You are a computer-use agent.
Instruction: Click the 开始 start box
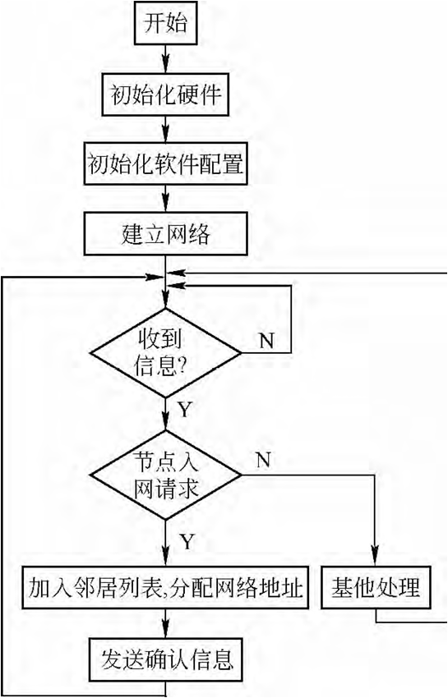pos(166,23)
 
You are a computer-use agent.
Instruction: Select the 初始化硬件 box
pos(165,94)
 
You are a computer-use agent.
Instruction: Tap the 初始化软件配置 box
pos(166,163)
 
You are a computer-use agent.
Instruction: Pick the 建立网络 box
pos(166,234)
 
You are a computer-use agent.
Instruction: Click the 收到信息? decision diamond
pos(166,353)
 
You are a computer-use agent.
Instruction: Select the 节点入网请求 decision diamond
pos(166,475)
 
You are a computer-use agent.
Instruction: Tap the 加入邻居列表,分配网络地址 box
pos(166,588)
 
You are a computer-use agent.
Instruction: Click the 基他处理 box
pos(376,588)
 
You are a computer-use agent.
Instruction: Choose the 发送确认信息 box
pos(166,659)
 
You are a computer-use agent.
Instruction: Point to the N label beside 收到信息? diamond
pos(266,341)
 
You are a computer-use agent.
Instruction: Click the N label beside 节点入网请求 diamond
pos(263,460)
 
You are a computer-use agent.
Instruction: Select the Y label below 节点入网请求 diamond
pos(187,542)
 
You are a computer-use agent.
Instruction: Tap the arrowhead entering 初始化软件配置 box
pos(166,135)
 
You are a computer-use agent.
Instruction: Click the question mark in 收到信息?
pos(182,366)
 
